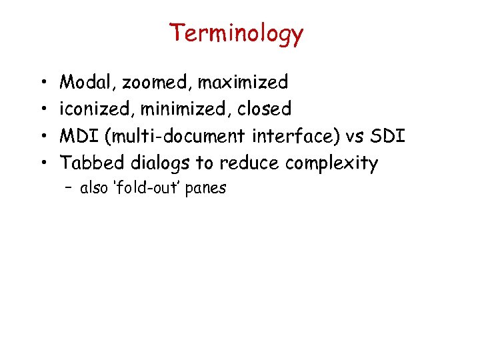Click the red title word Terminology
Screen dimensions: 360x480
click(x=236, y=33)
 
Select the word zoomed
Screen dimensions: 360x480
click(x=157, y=83)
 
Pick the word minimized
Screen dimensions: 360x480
click(x=182, y=109)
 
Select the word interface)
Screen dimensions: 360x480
click(x=295, y=136)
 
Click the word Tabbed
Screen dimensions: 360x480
click(x=92, y=163)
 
